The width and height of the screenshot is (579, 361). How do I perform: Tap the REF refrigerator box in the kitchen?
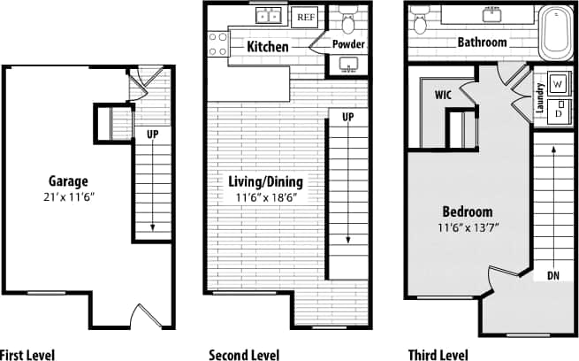(x=306, y=17)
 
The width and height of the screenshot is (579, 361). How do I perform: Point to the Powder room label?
(x=349, y=44)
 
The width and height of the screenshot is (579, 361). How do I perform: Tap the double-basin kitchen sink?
(x=268, y=15)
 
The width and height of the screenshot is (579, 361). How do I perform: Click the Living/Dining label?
(x=265, y=182)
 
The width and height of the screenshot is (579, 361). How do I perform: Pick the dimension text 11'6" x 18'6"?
(x=265, y=198)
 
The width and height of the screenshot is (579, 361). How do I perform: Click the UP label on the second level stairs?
(x=348, y=117)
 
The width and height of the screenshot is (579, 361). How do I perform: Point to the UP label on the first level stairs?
(x=153, y=135)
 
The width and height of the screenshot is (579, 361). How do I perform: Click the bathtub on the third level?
(x=555, y=31)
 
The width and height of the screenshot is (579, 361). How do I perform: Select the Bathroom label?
(x=482, y=42)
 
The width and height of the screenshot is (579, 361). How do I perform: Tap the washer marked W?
(x=559, y=84)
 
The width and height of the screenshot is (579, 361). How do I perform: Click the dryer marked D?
(x=559, y=113)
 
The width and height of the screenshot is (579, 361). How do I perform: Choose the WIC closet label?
(x=445, y=94)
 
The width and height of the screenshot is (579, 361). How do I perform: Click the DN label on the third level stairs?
(x=553, y=276)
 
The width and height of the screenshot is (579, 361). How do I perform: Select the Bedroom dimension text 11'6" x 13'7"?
(x=468, y=227)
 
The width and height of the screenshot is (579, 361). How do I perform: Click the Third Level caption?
(x=438, y=354)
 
